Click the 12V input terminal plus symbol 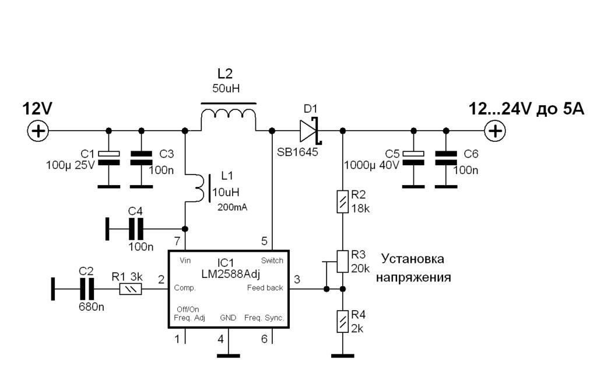point(38,130)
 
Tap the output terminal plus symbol point(495,130)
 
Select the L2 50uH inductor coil point(229,119)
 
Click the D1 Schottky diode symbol point(308,130)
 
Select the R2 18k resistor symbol point(342,201)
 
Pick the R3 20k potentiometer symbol point(342,261)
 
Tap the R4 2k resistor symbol point(342,321)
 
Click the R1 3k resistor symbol point(130,288)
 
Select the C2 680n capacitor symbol point(86,288)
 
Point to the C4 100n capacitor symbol point(136,228)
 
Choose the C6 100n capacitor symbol point(446,156)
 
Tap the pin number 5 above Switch point(264,241)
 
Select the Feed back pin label point(266,288)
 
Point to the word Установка point(412,258)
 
